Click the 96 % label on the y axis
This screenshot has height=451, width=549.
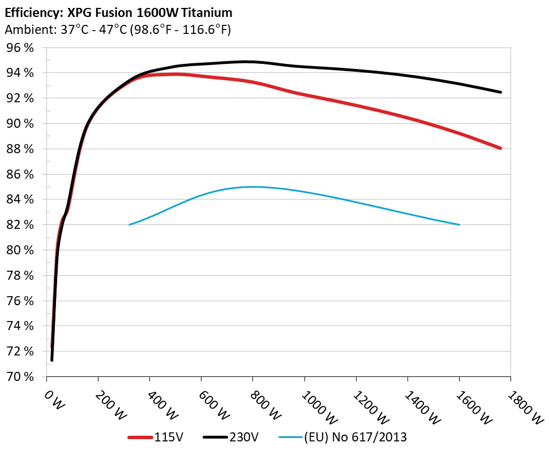point(20,48)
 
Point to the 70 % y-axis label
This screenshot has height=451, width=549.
point(20,376)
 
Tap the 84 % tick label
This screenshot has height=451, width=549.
point(20,200)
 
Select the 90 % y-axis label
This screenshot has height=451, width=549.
point(20,124)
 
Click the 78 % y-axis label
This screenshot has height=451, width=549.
point(20,275)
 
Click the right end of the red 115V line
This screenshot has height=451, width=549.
point(500,148)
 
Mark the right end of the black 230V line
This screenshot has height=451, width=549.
point(500,92)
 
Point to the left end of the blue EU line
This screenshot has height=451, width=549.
point(130,225)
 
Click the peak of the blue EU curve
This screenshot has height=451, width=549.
point(253,187)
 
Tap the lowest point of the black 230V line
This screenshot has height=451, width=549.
point(52,359)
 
